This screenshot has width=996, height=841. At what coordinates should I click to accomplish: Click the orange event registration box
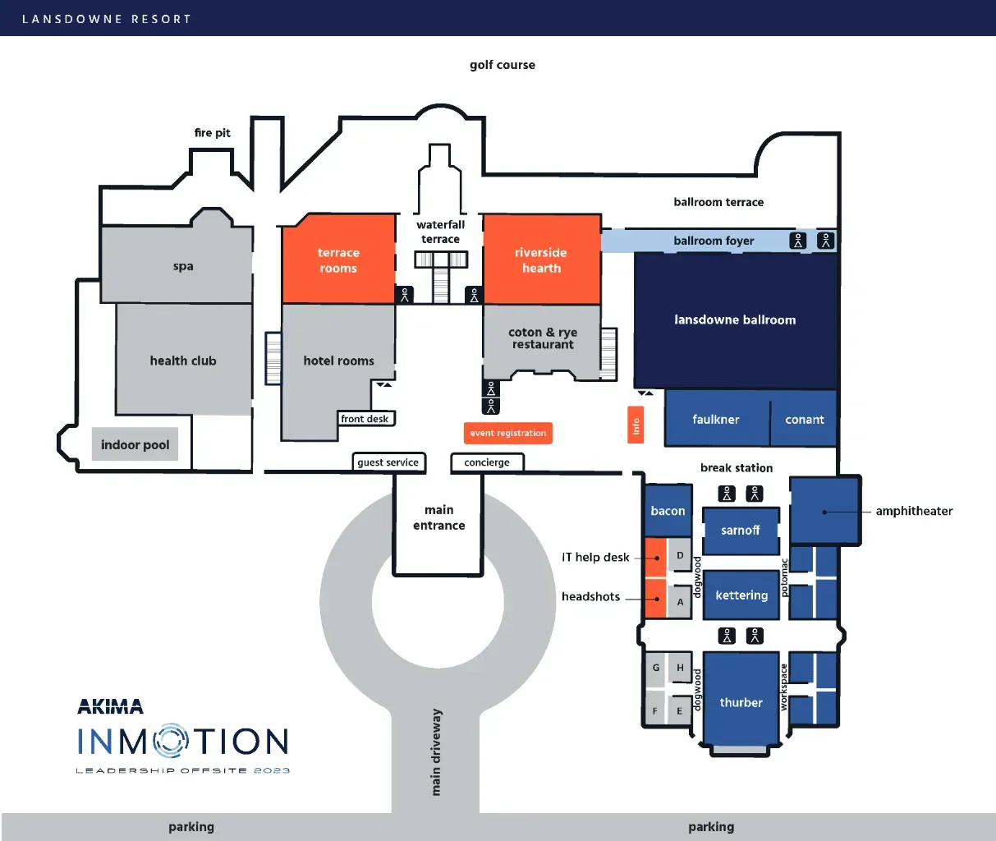(507, 433)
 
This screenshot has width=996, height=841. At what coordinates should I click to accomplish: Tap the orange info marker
(636, 425)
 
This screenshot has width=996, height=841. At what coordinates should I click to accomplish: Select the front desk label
(365, 419)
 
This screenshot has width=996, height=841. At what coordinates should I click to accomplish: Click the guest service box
(388, 462)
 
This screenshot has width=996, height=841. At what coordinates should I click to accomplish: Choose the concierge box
(487, 462)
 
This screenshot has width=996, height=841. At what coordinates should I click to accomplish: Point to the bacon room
(668, 511)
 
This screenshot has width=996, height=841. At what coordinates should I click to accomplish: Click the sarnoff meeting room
(741, 531)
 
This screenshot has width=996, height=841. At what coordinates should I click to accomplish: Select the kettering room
(741, 595)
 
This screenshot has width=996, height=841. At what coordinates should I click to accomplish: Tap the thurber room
(741, 702)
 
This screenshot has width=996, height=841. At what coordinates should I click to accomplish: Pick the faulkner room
(716, 420)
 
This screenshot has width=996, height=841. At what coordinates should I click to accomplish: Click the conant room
(805, 420)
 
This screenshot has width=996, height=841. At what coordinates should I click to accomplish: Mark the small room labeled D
(680, 556)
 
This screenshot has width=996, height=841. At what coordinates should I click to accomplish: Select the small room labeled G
(655, 668)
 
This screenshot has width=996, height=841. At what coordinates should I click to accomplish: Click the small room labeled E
(680, 711)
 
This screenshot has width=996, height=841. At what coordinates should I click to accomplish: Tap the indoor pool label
(135, 444)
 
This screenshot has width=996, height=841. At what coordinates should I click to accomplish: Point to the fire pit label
(213, 133)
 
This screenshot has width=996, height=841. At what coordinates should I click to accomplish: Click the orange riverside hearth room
(541, 260)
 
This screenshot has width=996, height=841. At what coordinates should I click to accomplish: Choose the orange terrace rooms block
(338, 260)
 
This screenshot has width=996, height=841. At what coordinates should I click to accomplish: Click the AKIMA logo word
(110, 706)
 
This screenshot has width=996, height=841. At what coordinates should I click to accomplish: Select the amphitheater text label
(914, 511)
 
